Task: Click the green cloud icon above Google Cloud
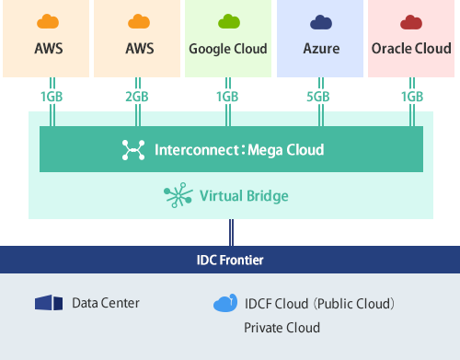pos(227,22)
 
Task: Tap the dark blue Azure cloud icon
pos(319,22)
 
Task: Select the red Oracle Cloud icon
pos(410,22)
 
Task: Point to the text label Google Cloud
pos(228,49)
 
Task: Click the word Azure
pos(319,49)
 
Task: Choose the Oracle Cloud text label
pos(411,49)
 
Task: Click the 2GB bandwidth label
pos(137,97)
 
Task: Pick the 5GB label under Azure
pos(319,97)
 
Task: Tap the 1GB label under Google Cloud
pos(228,97)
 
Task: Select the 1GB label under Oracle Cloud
pos(411,97)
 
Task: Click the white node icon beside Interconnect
pos(134,149)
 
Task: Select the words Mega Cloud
pos(287,149)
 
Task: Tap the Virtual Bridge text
pos(246,195)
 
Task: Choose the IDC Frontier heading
pos(229,261)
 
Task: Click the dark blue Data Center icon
pos(48,303)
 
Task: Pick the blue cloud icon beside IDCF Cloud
pos(224,303)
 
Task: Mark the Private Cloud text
pos(282,327)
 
